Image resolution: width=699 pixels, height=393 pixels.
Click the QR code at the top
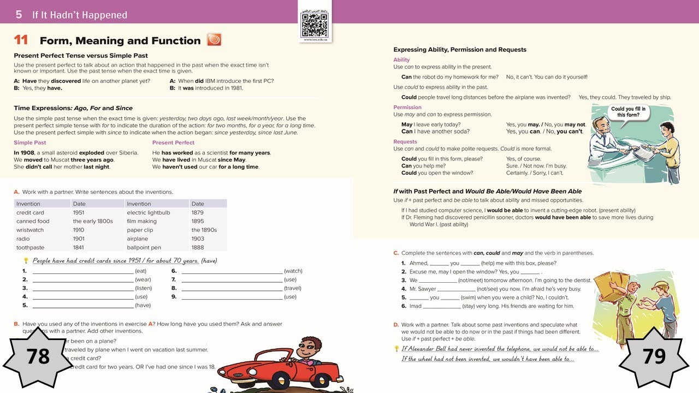[315, 25]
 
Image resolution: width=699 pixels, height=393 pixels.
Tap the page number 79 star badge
[654, 356]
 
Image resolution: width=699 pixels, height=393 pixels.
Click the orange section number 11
[21, 40]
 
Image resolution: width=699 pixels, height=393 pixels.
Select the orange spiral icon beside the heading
[214, 40]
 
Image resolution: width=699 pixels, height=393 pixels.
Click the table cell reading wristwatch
[30, 230]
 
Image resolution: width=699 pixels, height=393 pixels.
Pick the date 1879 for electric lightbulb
[197, 212]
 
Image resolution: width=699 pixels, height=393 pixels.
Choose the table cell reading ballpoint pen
[144, 247]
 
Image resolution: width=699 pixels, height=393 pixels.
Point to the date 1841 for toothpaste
[79, 247]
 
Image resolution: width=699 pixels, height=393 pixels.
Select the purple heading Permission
[407, 108]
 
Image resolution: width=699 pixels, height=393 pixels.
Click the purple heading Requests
[405, 142]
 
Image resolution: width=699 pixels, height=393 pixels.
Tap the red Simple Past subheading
[30, 142]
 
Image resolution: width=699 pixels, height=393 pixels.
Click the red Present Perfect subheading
[173, 142]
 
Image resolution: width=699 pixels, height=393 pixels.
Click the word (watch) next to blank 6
[293, 271]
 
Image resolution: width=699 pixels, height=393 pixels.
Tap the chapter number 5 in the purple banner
[19, 15]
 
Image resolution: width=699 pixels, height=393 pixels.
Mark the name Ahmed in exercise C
[418, 263]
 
